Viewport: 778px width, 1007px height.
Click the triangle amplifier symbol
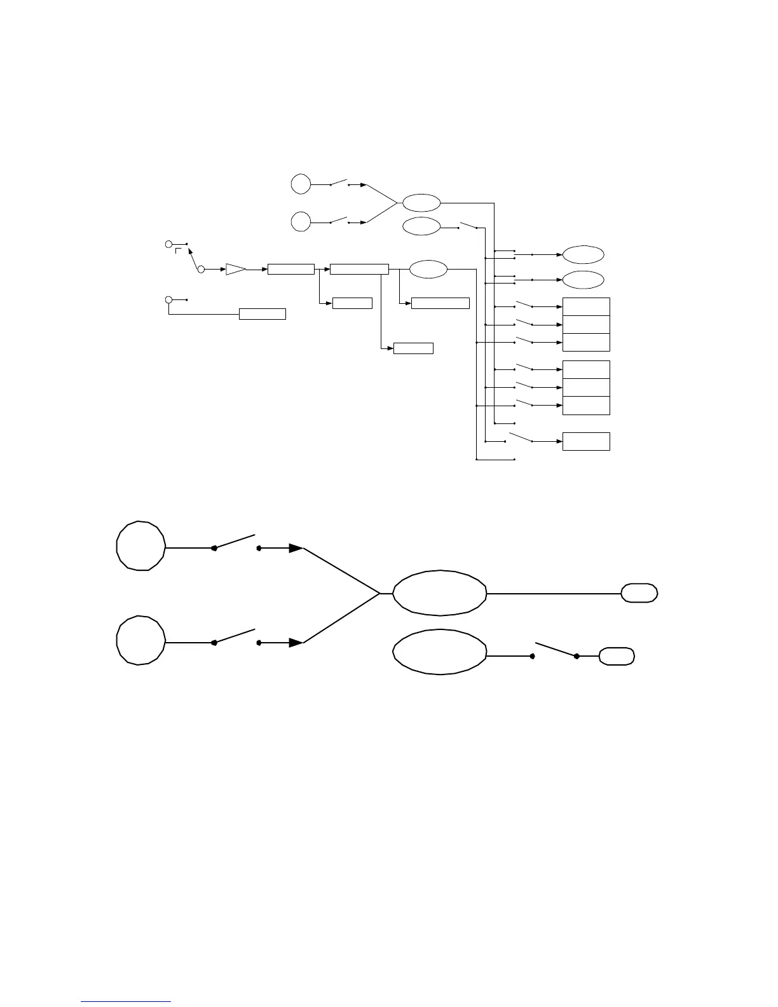click(235, 269)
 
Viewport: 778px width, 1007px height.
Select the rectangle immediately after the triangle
click(291, 269)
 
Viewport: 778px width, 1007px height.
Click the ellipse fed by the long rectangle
click(428, 269)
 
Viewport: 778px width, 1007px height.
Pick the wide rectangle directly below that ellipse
click(440, 303)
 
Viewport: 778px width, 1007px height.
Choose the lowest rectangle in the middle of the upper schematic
click(413, 348)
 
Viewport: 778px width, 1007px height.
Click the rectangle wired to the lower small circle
click(262, 313)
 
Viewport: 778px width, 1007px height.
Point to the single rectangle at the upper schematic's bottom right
click(586, 441)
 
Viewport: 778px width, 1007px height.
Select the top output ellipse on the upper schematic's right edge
click(583, 254)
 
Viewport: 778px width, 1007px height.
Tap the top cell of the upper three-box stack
click(586, 306)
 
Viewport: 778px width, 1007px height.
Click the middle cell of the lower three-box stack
click(586, 387)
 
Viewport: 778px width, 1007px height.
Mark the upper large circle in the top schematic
click(301, 184)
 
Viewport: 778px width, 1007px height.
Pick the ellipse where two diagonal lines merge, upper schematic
click(421, 203)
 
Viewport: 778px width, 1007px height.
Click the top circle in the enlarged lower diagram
click(140, 546)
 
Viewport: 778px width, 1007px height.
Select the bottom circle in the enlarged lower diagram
click(140, 641)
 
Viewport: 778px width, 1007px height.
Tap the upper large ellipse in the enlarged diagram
click(440, 593)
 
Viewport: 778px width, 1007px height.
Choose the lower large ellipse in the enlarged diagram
click(440, 653)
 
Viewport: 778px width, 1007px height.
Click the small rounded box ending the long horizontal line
click(639, 593)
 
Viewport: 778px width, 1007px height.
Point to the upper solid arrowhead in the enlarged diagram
click(296, 548)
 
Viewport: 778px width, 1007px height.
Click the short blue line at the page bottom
click(126, 1001)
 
